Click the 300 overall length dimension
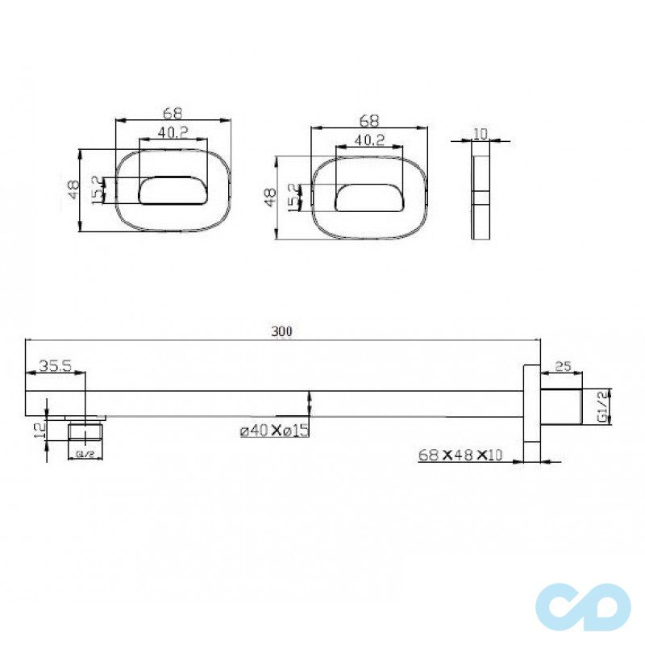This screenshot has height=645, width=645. click(x=281, y=331)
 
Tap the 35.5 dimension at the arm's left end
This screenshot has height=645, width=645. click(x=56, y=366)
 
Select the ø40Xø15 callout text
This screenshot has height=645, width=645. click(x=274, y=431)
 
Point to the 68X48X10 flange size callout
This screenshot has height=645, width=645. click(x=460, y=455)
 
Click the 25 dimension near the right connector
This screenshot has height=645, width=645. click(x=564, y=367)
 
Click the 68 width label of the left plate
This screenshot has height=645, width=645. click(x=172, y=111)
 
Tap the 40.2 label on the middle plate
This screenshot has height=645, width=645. click(x=368, y=139)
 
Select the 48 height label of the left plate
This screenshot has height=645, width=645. click(x=73, y=189)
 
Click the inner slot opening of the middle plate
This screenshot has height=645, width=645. click(x=368, y=198)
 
